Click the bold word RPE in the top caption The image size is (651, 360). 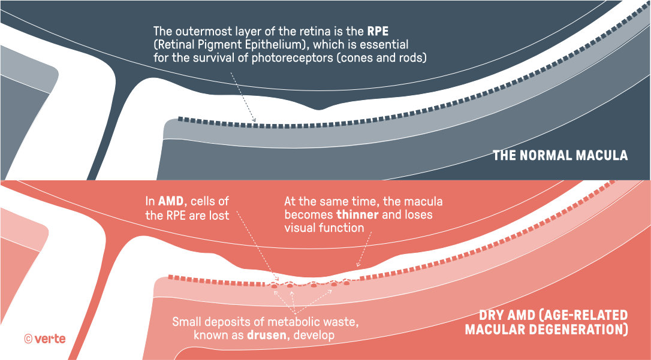[378, 31]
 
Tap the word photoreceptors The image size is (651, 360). [291, 58]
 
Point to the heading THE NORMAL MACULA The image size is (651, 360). [560, 156]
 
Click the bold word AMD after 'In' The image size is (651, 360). [170, 202]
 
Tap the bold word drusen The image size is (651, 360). [267, 335]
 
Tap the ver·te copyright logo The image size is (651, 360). [45, 339]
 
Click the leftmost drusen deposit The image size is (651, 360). [275, 286]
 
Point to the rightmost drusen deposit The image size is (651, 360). [346, 283]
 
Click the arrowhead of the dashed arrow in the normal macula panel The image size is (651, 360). [254, 120]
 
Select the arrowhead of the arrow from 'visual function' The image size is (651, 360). [358, 265]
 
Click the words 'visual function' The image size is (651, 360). [324, 228]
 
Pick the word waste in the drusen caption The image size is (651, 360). [342, 322]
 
